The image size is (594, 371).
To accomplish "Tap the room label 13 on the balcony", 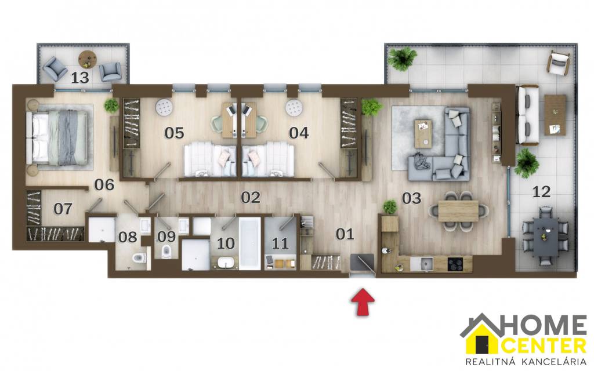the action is (x=80, y=78).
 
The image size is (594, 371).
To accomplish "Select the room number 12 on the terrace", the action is (x=541, y=192).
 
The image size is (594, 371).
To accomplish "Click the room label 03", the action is (x=411, y=198).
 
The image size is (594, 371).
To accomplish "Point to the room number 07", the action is (x=63, y=209).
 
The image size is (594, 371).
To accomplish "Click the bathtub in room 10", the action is (x=249, y=243).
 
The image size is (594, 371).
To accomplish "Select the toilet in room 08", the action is (x=139, y=258).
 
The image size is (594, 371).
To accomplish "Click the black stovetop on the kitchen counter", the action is (x=455, y=264).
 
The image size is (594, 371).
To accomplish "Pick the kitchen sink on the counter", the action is (x=426, y=264).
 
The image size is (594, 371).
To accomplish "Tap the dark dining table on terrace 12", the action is (x=546, y=237).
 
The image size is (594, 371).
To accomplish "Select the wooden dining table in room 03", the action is (x=458, y=211).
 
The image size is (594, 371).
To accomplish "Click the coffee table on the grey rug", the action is (x=423, y=133).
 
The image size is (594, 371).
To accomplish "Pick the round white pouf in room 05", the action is (x=164, y=107).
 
